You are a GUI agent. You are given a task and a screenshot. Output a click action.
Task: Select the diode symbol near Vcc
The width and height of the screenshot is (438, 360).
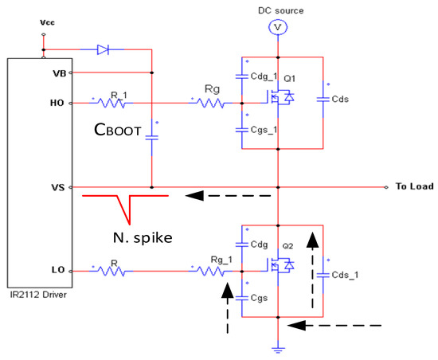(x=103, y=49)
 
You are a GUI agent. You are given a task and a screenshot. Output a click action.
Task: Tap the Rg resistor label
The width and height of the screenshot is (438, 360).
(x=211, y=90)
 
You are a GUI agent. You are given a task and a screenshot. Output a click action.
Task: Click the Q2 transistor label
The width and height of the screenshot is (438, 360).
(x=287, y=247)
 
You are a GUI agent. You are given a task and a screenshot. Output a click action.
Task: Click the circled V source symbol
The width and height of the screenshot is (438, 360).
(x=277, y=27)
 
